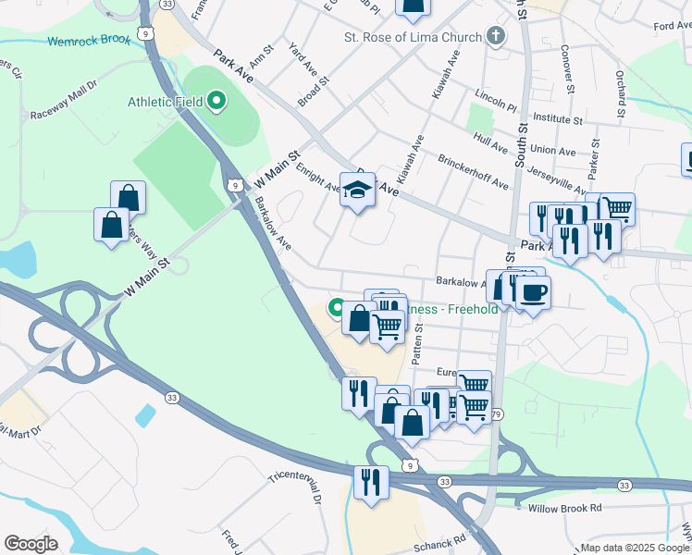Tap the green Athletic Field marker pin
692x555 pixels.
coord(217,100)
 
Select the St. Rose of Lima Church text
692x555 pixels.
coord(413,37)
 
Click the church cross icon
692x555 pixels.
coord(497,37)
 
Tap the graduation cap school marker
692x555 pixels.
coord(357,191)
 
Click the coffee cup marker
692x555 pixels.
coord(532,294)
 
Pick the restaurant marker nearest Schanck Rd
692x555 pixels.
coord(371,482)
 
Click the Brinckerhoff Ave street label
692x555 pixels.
coord(473,171)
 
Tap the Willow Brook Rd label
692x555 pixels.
coord(564,508)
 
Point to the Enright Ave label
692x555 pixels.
coord(318,177)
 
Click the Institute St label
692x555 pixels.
coord(551,119)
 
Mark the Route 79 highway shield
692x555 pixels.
coord(497,413)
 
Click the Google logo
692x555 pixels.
coord(31,544)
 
